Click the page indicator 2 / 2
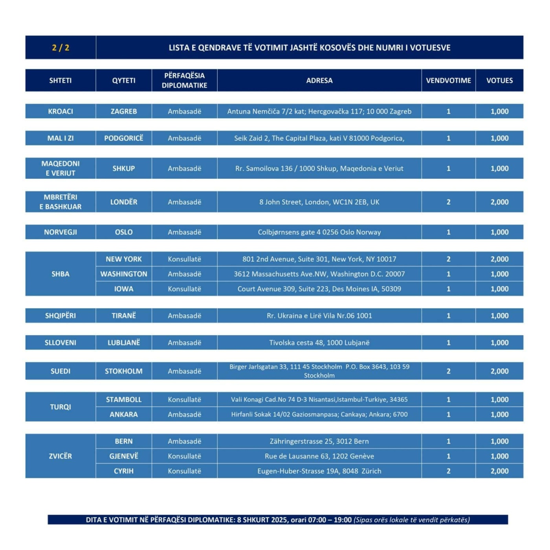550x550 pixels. pos(60,48)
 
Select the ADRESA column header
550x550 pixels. pos(319,81)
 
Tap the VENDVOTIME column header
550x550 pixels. pos(448,81)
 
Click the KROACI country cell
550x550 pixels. pos(60,111)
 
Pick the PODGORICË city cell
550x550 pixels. pos(124,138)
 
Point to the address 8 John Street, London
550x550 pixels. pos(319,202)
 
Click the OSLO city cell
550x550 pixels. pos(124,232)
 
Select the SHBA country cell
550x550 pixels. pos(60,274)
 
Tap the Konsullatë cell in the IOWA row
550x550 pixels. pos(184,289)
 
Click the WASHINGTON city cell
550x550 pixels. pos(124,274)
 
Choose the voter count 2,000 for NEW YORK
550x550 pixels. pos(499,259)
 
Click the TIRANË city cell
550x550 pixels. pos(124,315)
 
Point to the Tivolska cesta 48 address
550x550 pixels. pos(319,343)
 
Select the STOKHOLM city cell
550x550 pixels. pos(124,371)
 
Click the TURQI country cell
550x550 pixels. pos(60,407)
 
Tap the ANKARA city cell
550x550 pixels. pos(124,414)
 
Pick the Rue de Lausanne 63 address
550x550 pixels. pos(319,456)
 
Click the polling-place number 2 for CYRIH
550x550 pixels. pos(448,471)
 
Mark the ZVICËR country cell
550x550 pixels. pos(60,456)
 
